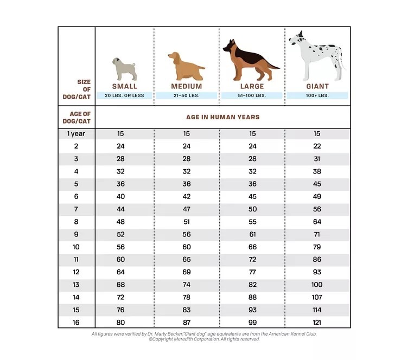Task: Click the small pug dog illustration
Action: click(124, 69)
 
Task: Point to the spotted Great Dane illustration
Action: click(317, 55)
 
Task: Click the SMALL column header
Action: click(124, 86)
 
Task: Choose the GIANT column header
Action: click(317, 86)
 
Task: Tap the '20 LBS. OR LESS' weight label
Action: click(124, 95)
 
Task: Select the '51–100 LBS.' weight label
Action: click(252, 95)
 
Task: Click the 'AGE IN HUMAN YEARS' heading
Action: click(223, 117)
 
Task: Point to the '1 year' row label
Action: click(76, 133)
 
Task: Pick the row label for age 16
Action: click(76, 322)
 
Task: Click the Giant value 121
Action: click(317, 322)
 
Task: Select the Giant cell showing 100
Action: click(317, 285)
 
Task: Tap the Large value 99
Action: click(252, 322)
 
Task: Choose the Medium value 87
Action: click(186, 322)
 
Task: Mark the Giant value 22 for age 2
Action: click(317, 146)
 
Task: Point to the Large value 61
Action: click(252, 234)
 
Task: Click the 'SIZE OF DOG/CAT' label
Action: click(79, 89)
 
